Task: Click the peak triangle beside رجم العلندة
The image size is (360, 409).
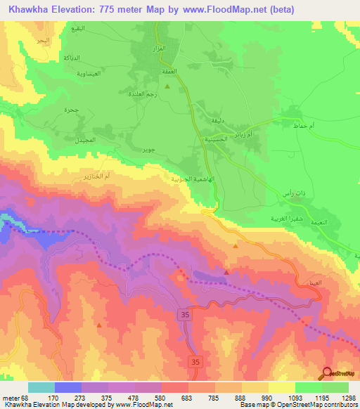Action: pos(167,86)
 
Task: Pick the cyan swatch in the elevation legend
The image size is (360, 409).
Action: pos(41,387)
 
